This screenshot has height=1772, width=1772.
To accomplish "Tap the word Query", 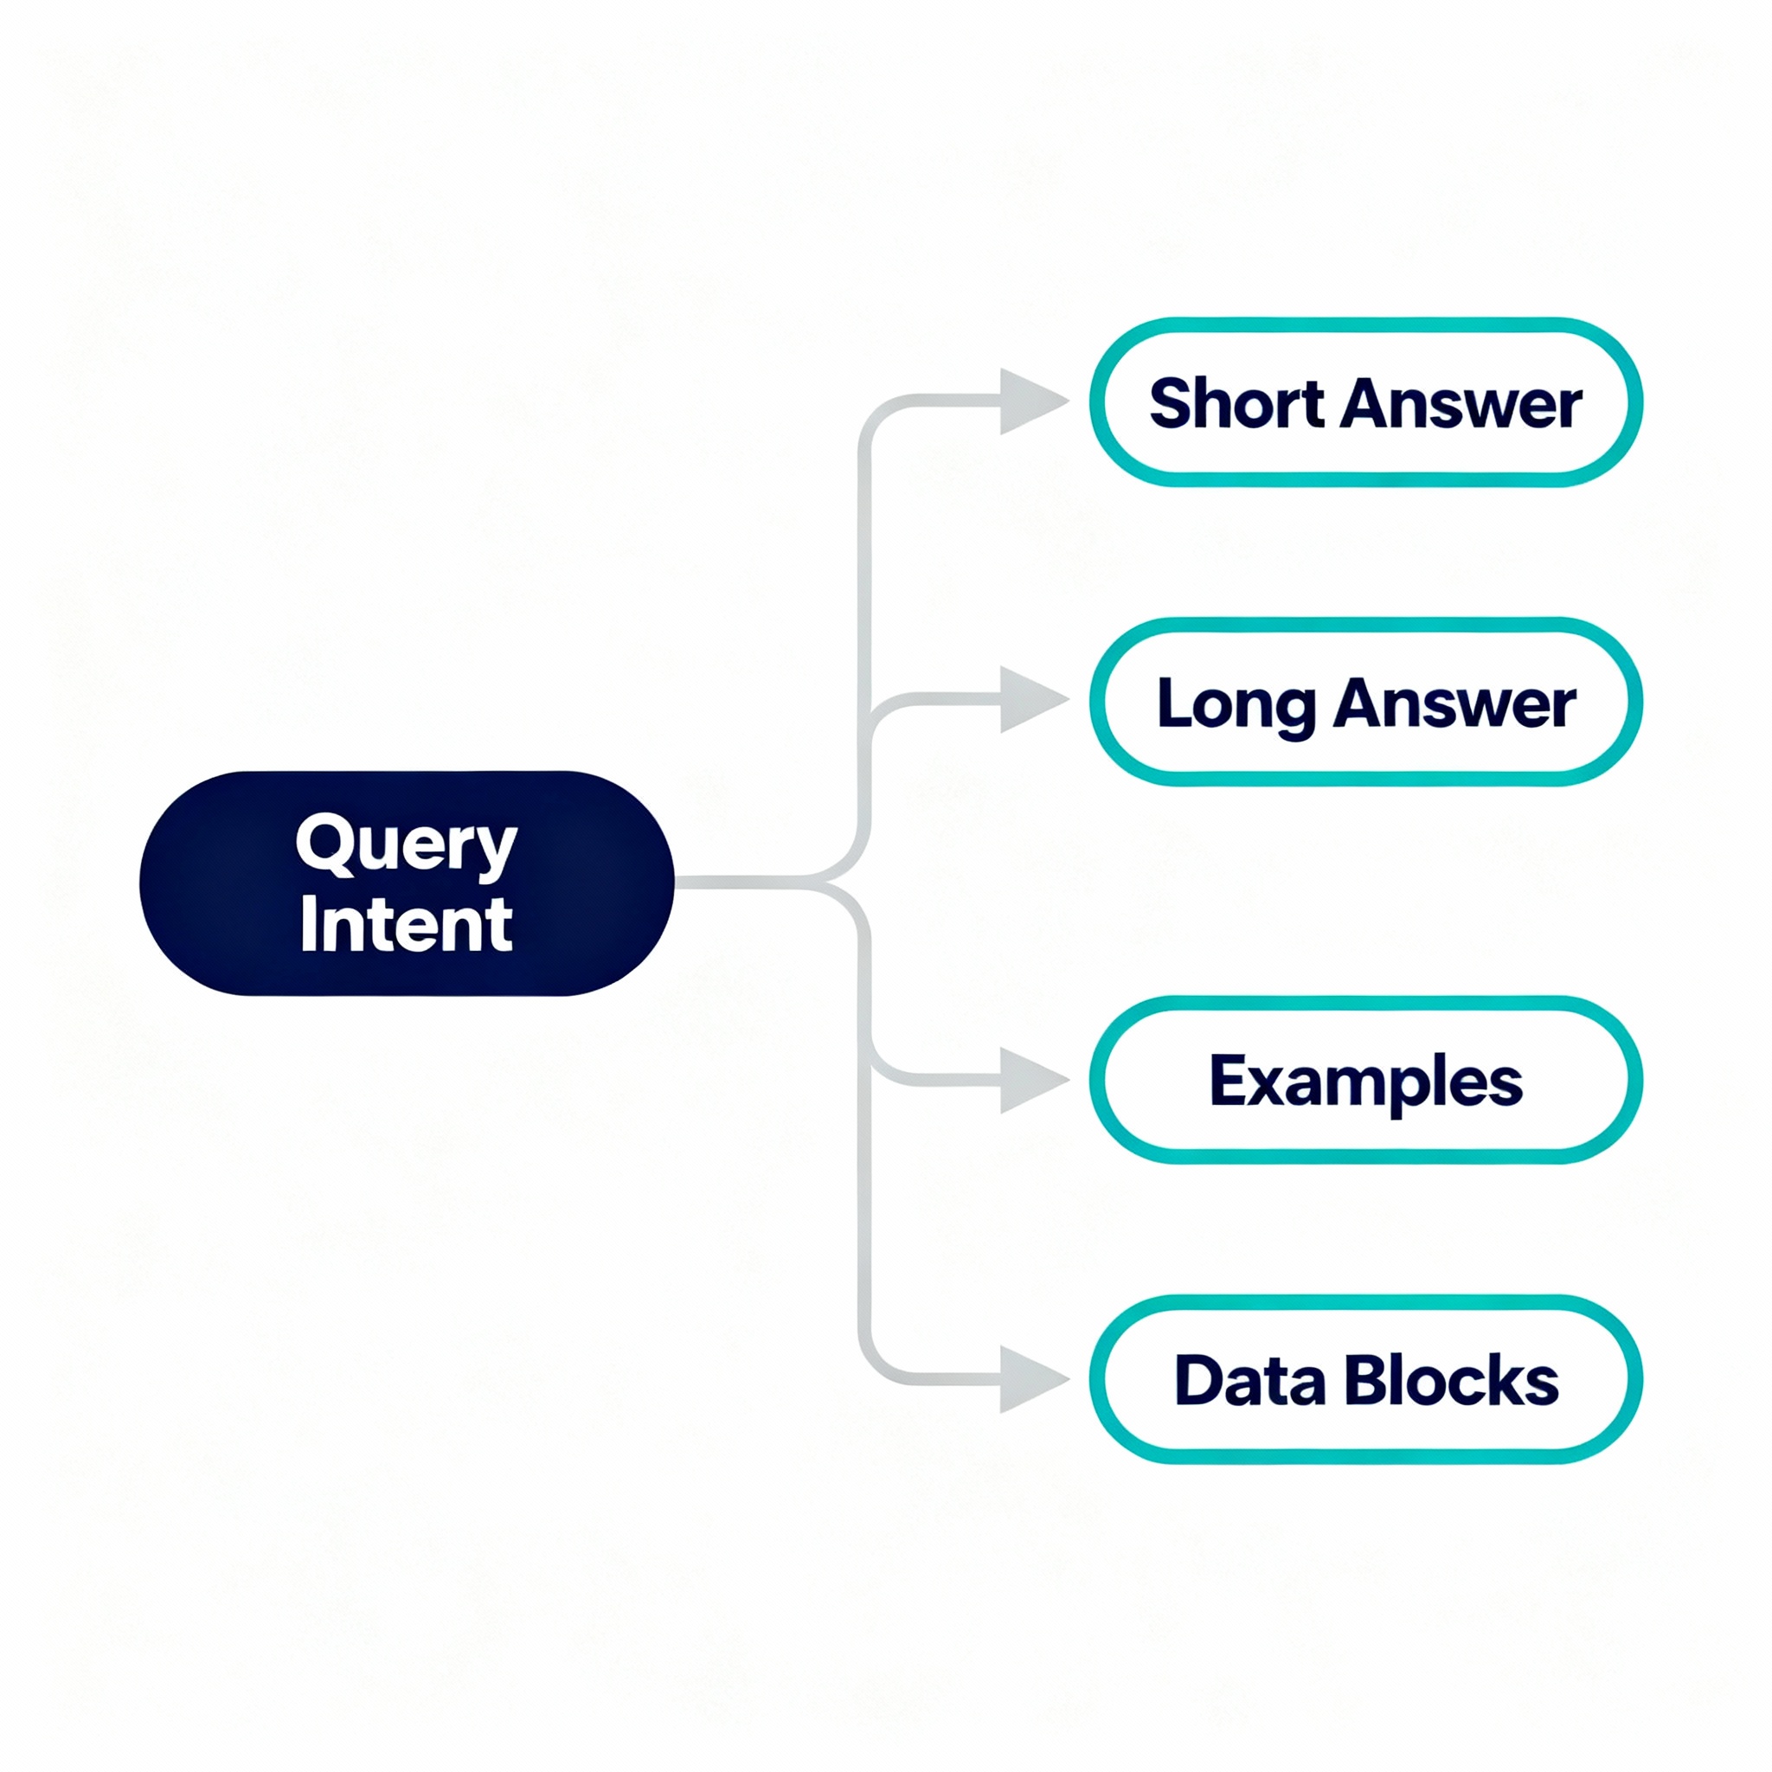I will [407, 844].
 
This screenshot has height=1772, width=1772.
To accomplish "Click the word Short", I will [1236, 403].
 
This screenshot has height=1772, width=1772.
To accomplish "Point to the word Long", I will [1236, 704].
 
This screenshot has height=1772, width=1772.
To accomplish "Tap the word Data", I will [1249, 1380].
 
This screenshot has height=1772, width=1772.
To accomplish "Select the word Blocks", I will [1451, 1380].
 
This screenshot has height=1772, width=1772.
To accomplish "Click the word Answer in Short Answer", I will [1461, 403].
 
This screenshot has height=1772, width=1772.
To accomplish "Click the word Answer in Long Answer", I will [1454, 704].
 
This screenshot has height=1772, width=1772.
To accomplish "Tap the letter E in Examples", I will [1226, 1080].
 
